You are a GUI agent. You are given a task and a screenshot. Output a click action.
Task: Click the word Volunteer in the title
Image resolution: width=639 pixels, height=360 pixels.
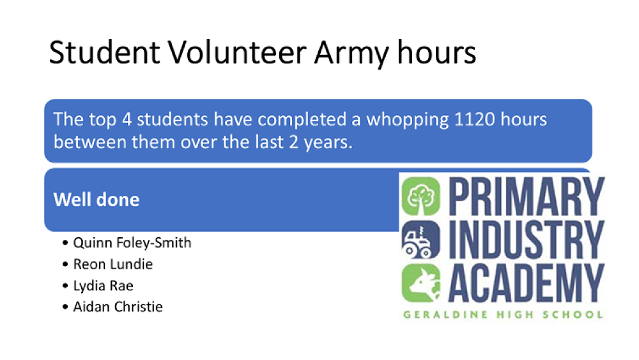pos(237,52)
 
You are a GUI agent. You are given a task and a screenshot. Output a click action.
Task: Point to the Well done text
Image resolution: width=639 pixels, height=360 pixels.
pos(96,200)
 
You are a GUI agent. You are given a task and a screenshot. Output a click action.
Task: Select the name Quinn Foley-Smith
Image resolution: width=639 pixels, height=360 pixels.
pos(132,243)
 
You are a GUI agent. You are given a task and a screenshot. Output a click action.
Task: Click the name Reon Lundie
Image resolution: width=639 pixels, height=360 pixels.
pos(113,264)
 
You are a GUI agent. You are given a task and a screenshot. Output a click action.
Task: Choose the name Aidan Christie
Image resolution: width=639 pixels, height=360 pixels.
pos(118,306)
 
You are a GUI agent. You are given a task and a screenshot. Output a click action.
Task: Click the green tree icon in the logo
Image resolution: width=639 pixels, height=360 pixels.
pos(421,196)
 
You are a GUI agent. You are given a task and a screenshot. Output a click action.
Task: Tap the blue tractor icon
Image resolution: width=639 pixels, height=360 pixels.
pos(421,240)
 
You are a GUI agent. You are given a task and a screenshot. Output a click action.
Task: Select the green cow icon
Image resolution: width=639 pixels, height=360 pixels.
pos(421,283)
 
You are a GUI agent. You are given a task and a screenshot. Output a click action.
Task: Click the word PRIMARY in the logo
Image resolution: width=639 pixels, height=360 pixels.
pos(526,196)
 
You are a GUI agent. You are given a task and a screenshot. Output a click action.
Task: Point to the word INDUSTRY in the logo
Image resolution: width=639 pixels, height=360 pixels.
pos(526,240)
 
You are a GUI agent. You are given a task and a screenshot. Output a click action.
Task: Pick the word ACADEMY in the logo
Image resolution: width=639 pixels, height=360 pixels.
pos(526,283)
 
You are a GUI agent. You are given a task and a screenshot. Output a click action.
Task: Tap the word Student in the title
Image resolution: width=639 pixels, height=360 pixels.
pos(104,52)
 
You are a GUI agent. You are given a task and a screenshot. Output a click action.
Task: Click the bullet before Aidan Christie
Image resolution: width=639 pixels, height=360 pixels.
pos(65,307)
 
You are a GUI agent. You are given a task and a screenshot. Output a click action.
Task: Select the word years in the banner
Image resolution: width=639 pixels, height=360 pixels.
pos(328,143)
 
